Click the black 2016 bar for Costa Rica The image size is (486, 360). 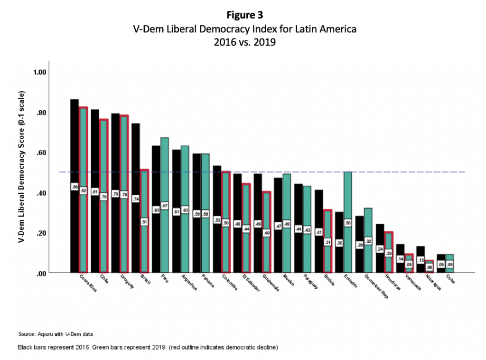click(x=75, y=142)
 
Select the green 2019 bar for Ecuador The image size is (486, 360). click(x=347, y=199)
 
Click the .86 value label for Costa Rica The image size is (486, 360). click(x=75, y=188)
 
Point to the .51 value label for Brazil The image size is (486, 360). click(x=144, y=221)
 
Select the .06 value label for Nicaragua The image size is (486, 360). click(x=429, y=266)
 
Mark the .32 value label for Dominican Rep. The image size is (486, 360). click(x=368, y=241)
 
